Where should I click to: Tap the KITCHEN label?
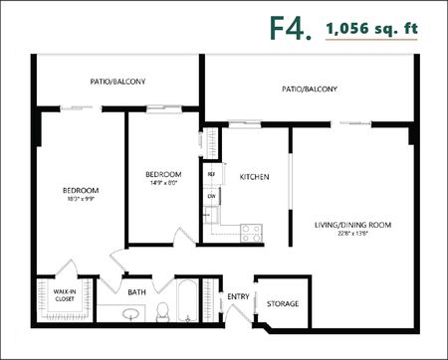point(255,177)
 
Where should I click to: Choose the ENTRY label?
point(238,295)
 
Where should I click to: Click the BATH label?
point(137,292)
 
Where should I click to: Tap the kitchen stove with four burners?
point(250,234)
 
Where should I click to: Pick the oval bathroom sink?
point(130,316)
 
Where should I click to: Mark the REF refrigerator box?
point(212,175)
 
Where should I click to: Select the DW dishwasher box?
point(212,196)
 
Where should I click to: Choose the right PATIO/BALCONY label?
point(309,89)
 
